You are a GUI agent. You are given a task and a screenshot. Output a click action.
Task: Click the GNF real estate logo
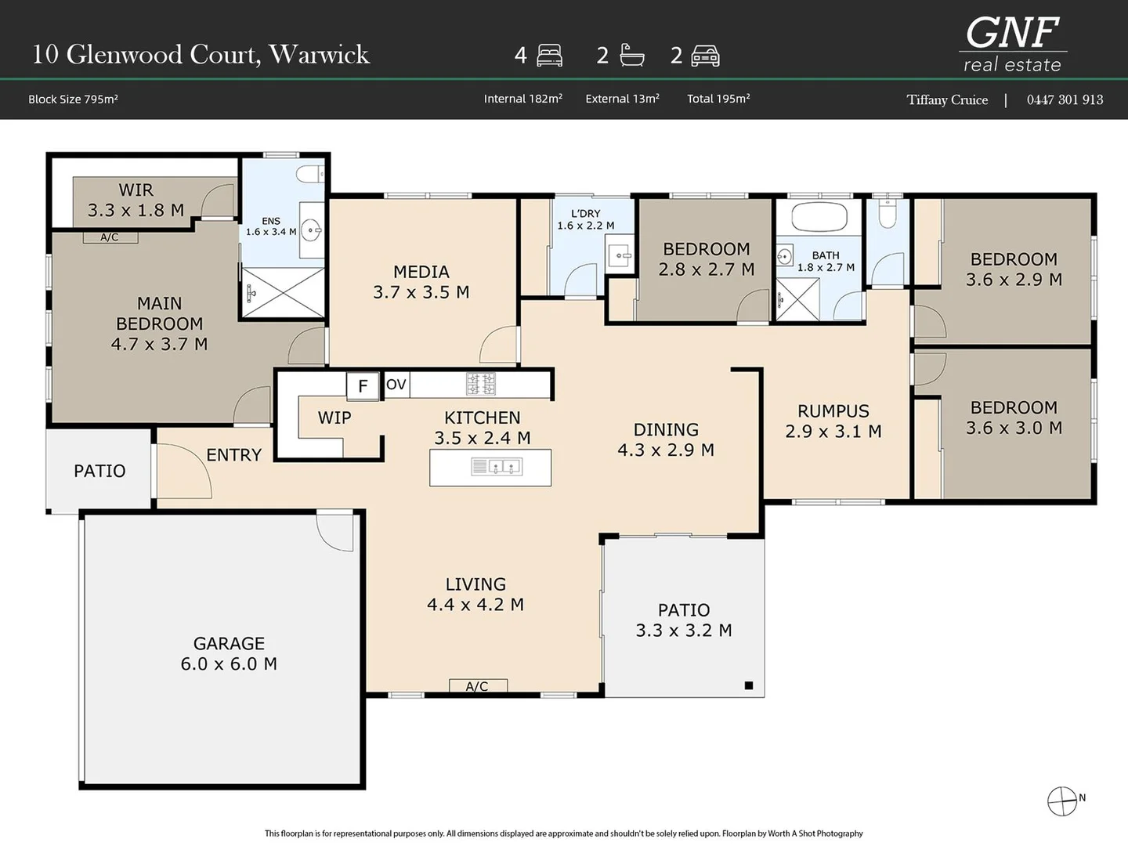pos(1012,44)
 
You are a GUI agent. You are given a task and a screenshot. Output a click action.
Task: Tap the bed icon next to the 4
pos(550,56)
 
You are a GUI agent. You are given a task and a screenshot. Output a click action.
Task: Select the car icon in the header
pos(705,56)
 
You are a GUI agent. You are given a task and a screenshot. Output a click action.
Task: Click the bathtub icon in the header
pos(631,55)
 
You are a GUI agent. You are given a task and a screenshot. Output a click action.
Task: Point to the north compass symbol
pos(1062,801)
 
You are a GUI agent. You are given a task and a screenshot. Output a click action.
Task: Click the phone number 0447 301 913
pos(1065,99)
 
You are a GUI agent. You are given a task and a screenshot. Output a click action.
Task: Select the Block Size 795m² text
pos(73,99)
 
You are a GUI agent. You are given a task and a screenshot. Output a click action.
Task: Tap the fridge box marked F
pos(363,385)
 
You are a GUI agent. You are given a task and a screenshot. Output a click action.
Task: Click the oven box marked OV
pos(396,385)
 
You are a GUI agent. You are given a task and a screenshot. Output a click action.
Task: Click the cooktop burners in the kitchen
pos(481,384)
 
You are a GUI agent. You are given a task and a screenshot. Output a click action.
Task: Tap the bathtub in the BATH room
pos(819,216)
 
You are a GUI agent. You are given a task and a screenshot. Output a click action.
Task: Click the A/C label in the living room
pos(477,686)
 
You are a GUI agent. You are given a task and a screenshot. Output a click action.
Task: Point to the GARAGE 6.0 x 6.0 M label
pos(229,653)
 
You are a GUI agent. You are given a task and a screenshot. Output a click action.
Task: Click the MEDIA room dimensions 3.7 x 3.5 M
pos(421,292)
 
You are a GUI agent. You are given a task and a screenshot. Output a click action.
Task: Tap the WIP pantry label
pos(334,418)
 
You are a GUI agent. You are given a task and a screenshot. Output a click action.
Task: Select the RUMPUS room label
pos(833,411)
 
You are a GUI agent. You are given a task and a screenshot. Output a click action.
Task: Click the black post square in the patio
pos(748,685)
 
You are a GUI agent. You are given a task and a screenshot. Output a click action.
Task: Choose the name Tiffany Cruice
pos(947,99)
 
